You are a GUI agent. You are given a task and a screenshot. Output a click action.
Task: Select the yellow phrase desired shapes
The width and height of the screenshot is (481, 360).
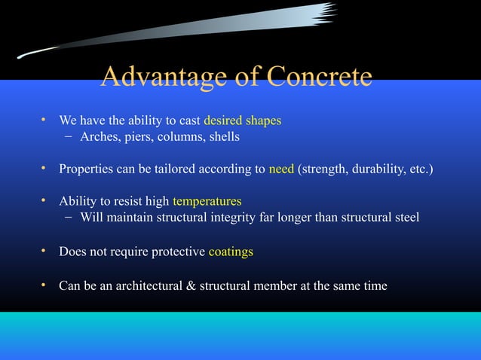(x=243, y=121)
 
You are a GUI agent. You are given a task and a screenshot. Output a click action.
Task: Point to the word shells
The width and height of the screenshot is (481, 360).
(x=222, y=137)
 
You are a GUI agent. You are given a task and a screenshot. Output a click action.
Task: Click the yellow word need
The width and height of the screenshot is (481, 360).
(x=282, y=169)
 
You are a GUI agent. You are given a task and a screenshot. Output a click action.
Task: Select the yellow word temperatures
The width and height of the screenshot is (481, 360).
(x=207, y=202)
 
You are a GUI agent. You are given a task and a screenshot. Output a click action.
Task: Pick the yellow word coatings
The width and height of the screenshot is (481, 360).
(x=231, y=252)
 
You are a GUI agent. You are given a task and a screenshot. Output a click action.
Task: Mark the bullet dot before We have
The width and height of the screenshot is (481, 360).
(x=44, y=121)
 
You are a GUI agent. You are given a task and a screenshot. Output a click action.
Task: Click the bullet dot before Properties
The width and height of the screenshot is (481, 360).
(x=44, y=169)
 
